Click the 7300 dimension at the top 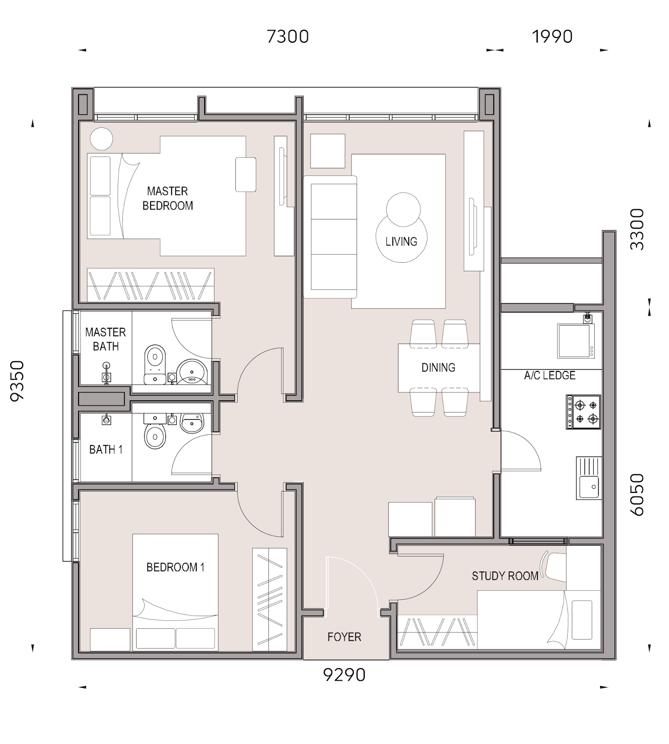click(x=288, y=36)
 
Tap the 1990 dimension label click(x=552, y=36)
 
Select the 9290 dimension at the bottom click(x=344, y=675)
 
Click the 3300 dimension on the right click(x=637, y=229)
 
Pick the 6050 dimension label click(x=637, y=494)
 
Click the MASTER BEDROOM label click(x=167, y=198)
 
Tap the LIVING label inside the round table click(x=401, y=241)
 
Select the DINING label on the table click(x=438, y=368)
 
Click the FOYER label click(x=344, y=637)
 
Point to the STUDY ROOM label click(x=505, y=576)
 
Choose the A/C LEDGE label click(x=550, y=375)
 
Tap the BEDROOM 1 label click(x=175, y=567)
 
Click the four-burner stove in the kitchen click(x=583, y=412)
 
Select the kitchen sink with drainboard click(x=588, y=478)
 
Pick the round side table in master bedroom click(x=101, y=139)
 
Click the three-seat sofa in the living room click(x=330, y=237)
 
